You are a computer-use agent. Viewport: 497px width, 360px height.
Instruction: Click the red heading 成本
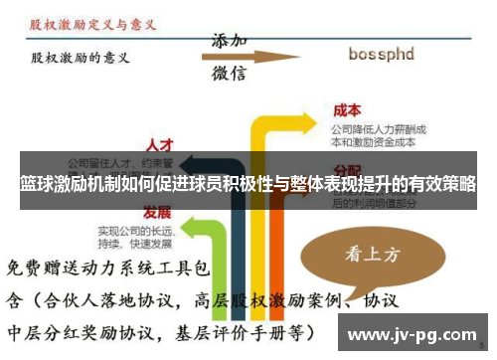click(347, 111)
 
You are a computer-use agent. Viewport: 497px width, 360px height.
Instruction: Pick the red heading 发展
click(156, 213)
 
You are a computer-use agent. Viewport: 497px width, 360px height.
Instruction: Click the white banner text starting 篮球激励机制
click(248, 185)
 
